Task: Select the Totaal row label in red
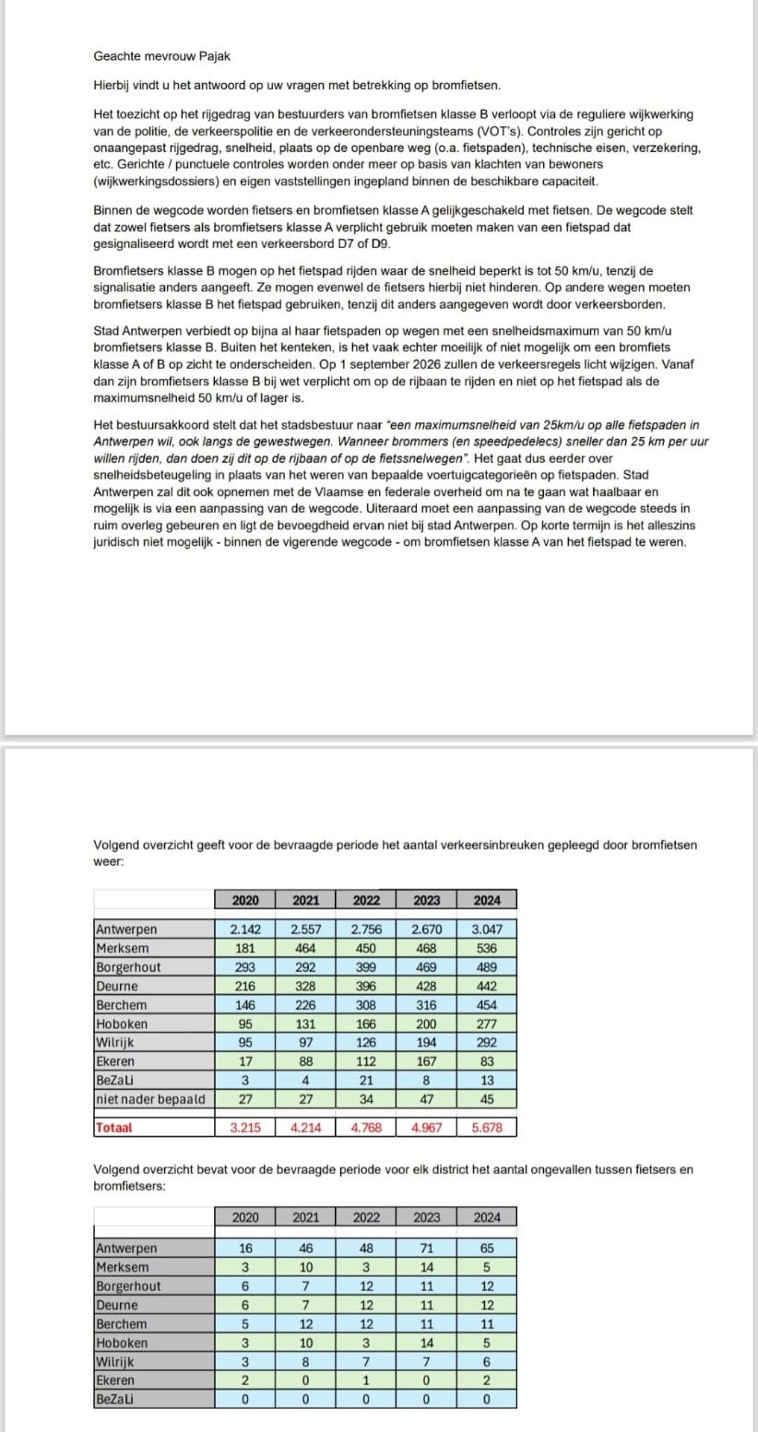coord(113,1128)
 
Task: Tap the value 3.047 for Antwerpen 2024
coord(486,929)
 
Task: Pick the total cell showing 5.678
coord(486,1128)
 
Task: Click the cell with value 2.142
coord(245,929)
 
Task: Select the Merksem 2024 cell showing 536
coord(486,948)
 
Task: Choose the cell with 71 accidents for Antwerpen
coord(426,1249)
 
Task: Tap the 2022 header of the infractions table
coord(366,900)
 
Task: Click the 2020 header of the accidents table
coord(245,1217)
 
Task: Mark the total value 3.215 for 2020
coord(245,1128)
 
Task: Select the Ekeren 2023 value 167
coord(426,1060)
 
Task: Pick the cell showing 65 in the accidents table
coord(486,1249)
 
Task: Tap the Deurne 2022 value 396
coord(366,986)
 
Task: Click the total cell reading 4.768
coord(366,1128)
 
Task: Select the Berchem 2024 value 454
coord(486,1004)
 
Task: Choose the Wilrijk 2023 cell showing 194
coord(426,1042)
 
